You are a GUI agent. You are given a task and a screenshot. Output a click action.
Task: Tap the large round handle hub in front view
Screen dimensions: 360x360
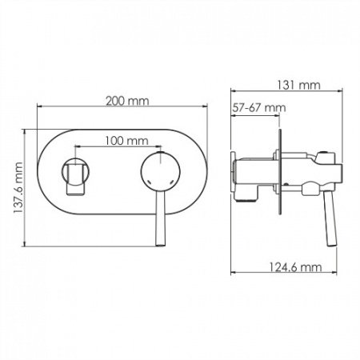(159, 174)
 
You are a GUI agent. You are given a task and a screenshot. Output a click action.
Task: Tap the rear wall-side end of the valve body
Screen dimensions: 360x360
(234, 175)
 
